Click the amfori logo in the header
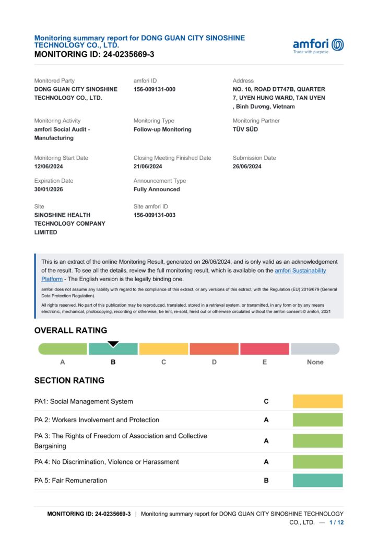tap(318, 45)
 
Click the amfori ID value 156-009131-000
tap(155, 89)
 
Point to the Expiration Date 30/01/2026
tap(49, 190)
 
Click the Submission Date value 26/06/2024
tap(247, 167)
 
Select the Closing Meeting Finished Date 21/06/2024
tap(148, 167)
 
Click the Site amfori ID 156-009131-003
tap(155, 215)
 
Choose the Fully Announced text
tap(157, 190)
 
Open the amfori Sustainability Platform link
tap(300, 271)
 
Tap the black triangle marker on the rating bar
tap(113, 344)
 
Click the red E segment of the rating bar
tap(264, 349)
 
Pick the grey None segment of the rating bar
tap(315, 349)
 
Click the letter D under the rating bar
tap(214, 362)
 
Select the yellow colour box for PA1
tap(317, 401)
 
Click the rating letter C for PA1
tap(266, 402)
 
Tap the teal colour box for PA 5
tap(317, 480)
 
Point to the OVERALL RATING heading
tap(70, 331)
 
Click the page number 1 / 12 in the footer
tap(337, 522)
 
